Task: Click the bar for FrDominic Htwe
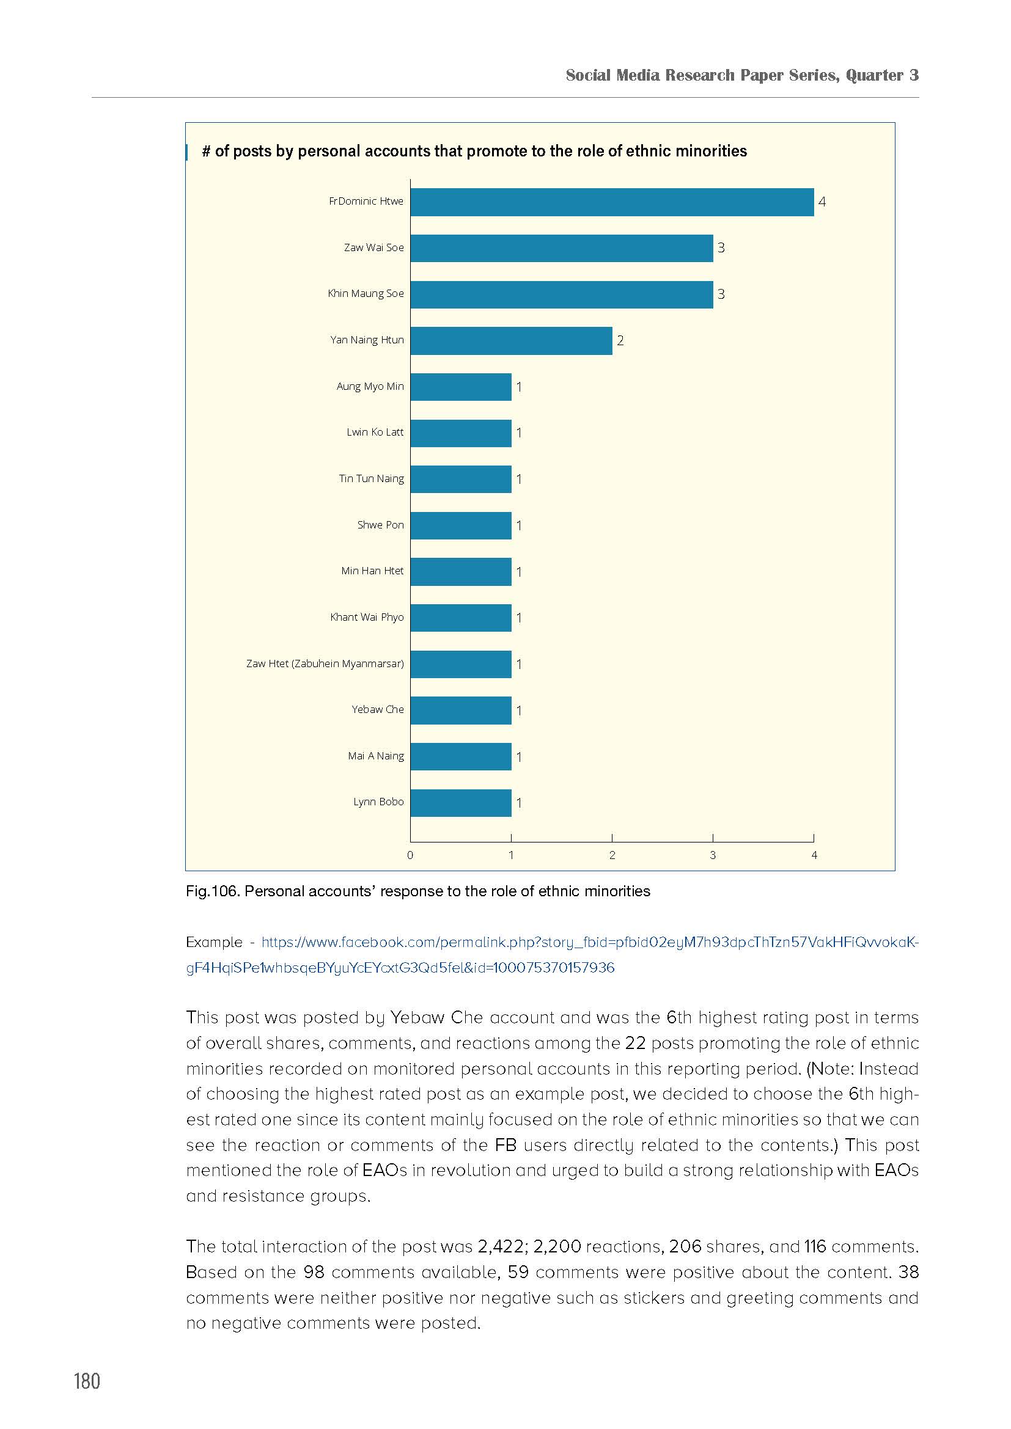(x=612, y=202)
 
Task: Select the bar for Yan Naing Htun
(x=511, y=340)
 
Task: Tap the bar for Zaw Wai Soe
(x=562, y=247)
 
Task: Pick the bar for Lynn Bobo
(x=461, y=803)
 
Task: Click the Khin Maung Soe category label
(x=366, y=294)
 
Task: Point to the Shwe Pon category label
(x=380, y=525)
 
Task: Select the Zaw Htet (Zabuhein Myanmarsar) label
(x=325, y=663)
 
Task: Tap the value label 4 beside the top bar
(x=822, y=202)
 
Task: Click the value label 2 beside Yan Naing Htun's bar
(x=620, y=340)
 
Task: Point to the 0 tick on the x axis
(x=410, y=855)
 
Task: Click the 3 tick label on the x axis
(x=713, y=855)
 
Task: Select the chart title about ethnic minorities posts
(x=474, y=152)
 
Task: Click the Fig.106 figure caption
(x=417, y=891)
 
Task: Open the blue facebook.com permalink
(x=552, y=955)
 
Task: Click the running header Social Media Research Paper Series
(x=742, y=75)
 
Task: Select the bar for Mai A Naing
(x=461, y=757)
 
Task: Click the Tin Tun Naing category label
(x=371, y=478)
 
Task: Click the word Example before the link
(x=213, y=942)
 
